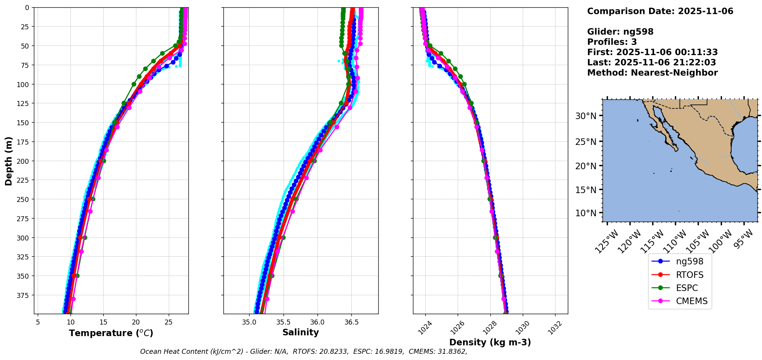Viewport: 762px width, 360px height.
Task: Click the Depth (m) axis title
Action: (x=8, y=161)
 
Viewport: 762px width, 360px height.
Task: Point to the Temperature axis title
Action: (x=111, y=333)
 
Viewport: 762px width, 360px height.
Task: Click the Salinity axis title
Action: (x=300, y=333)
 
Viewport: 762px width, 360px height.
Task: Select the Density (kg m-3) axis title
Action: (x=490, y=342)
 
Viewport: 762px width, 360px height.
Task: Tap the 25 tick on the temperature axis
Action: (x=168, y=322)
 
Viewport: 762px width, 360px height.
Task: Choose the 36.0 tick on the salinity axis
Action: (x=317, y=322)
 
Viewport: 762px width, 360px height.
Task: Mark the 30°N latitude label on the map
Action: (x=586, y=116)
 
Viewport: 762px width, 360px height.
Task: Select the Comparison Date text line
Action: (x=660, y=11)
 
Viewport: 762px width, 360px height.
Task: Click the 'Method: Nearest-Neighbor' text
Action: (x=652, y=73)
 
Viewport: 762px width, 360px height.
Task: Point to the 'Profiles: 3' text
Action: (x=612, y=42)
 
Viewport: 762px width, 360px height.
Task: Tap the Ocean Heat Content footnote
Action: (x=304, y=352)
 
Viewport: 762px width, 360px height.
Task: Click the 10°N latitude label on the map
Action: (x=586, y=213)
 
